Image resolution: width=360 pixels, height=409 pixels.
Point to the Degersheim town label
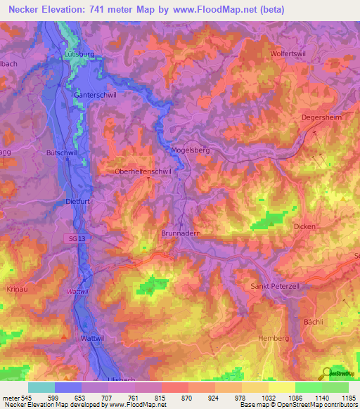coord(321,117)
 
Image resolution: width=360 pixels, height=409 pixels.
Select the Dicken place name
coord(305,226)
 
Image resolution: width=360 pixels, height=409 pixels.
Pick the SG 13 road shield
coord(77,239)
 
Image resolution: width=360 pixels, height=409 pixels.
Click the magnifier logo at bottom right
coord(326,374)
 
